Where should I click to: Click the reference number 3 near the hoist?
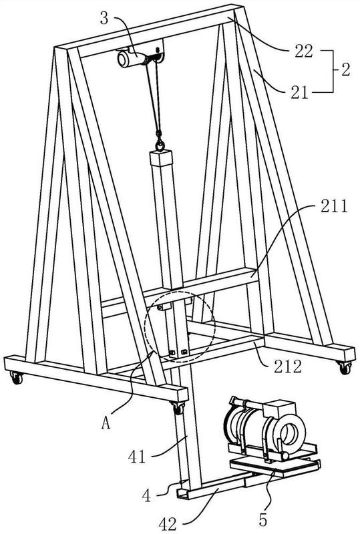[104, 18]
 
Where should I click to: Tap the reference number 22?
[303, 51]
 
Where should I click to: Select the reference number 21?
[299, 93]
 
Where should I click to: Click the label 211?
[334, 206]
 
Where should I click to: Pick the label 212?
[288, 366]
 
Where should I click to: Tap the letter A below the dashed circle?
[106, 423]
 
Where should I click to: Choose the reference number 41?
[137, 457]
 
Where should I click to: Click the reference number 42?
[168, 523]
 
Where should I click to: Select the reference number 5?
[263, 520]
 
